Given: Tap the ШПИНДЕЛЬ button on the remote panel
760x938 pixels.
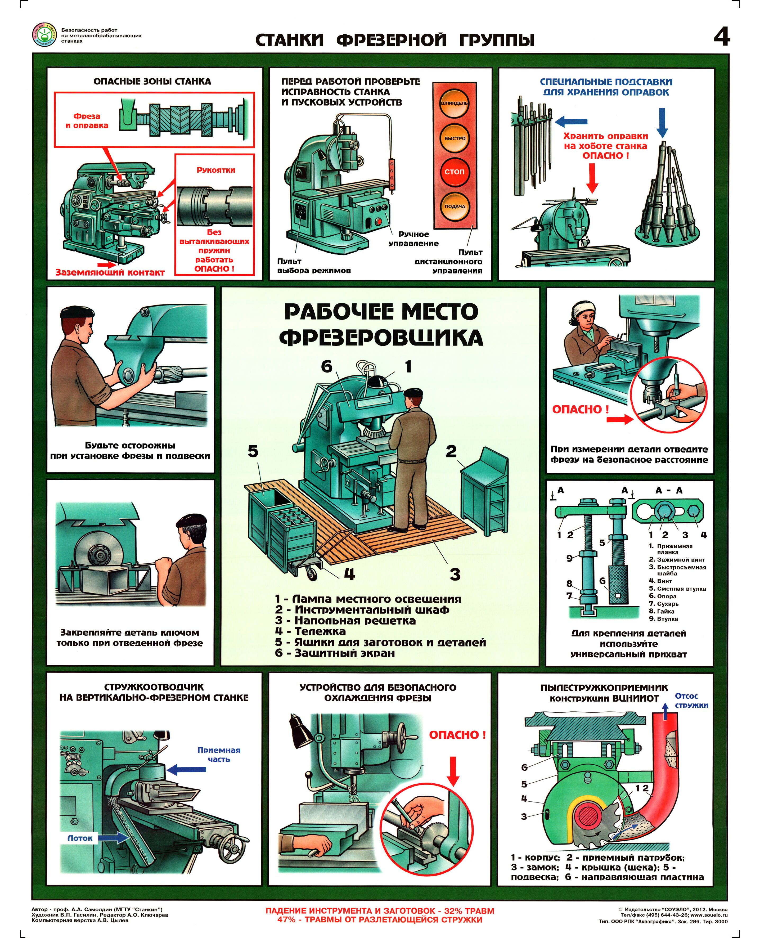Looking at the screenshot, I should [455, 103].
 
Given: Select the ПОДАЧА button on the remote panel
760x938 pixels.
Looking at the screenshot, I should [455, 206].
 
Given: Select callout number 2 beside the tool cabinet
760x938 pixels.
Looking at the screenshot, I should [451, 451].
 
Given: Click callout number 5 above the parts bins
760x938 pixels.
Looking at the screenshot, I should [253, 451].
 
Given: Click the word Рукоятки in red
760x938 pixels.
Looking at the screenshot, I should [216, 170].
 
